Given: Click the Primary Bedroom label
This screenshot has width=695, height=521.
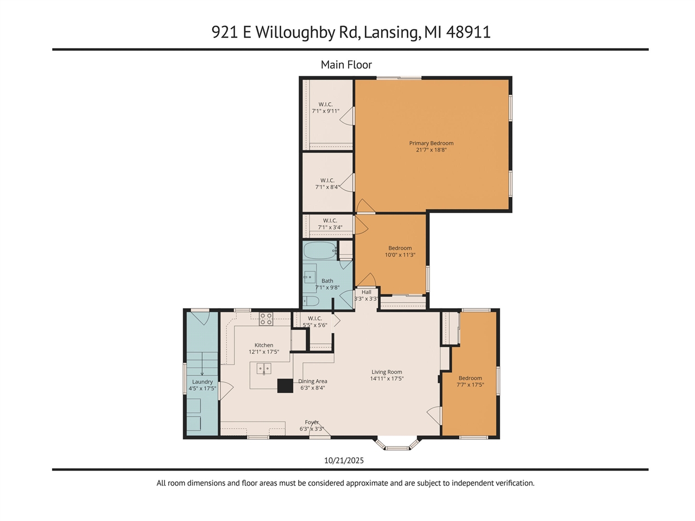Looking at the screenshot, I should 431,143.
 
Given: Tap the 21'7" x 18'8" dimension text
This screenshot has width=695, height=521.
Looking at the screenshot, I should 431,150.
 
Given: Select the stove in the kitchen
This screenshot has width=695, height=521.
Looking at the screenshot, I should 266,319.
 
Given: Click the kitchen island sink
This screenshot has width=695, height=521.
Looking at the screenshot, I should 264,369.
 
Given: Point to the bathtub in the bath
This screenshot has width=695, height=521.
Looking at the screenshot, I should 319,250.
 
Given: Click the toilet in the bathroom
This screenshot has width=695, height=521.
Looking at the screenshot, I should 311,301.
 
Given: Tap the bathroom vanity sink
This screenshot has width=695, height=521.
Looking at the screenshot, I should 309,277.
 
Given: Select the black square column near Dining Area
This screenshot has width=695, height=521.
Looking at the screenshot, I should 285,386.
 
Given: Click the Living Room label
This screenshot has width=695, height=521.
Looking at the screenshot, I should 387,372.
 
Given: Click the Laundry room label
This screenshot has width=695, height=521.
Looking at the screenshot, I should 202,382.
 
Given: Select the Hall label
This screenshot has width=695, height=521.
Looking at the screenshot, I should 367,292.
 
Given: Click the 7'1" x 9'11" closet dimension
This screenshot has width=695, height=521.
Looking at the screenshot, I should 325,111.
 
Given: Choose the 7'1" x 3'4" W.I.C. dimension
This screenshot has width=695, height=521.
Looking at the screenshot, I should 330,228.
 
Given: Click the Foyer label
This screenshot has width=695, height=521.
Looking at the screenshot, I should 312,422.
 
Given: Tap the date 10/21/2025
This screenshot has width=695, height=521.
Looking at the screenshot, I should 344,460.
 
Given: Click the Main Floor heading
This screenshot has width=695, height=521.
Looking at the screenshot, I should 346,65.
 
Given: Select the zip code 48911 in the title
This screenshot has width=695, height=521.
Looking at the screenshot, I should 468,32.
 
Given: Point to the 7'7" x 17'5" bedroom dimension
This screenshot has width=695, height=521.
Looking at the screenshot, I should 470,385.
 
